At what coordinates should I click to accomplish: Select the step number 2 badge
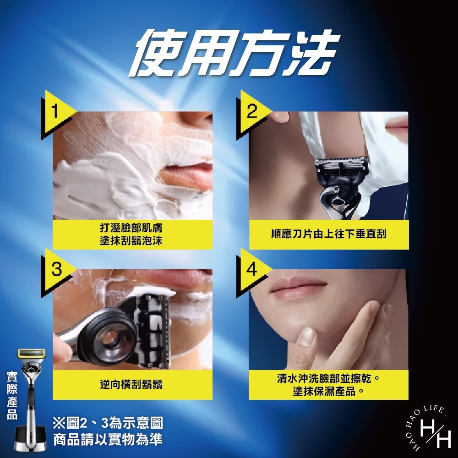coord(251,112)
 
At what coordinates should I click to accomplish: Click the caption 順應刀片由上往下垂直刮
coord(328,234)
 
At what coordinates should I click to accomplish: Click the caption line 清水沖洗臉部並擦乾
coord(328,379)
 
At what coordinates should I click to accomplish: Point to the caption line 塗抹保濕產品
coord(328,392)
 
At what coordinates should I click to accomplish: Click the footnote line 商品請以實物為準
coord(108,440)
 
